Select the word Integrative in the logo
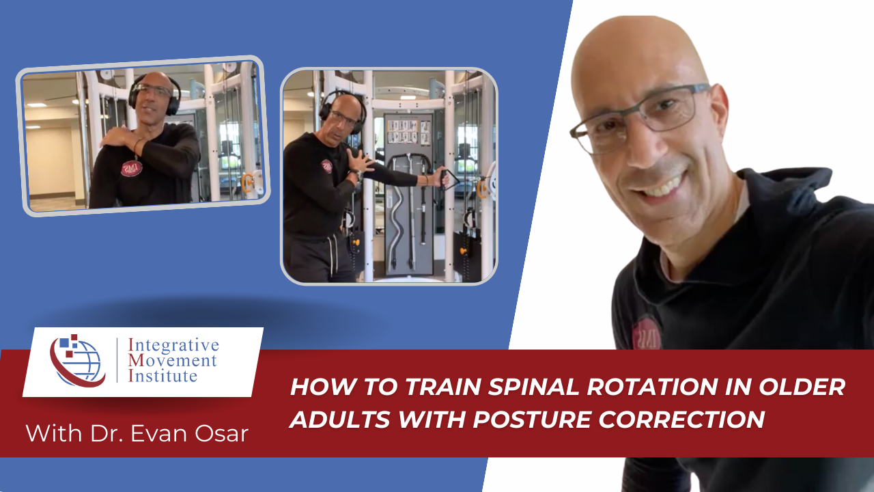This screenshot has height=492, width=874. [x=173, y=345]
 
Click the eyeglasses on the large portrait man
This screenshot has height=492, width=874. [x=638, y=116]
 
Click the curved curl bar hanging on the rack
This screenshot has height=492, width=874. [x=395, y=219]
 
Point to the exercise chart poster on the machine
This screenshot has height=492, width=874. [x=407, y=132]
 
